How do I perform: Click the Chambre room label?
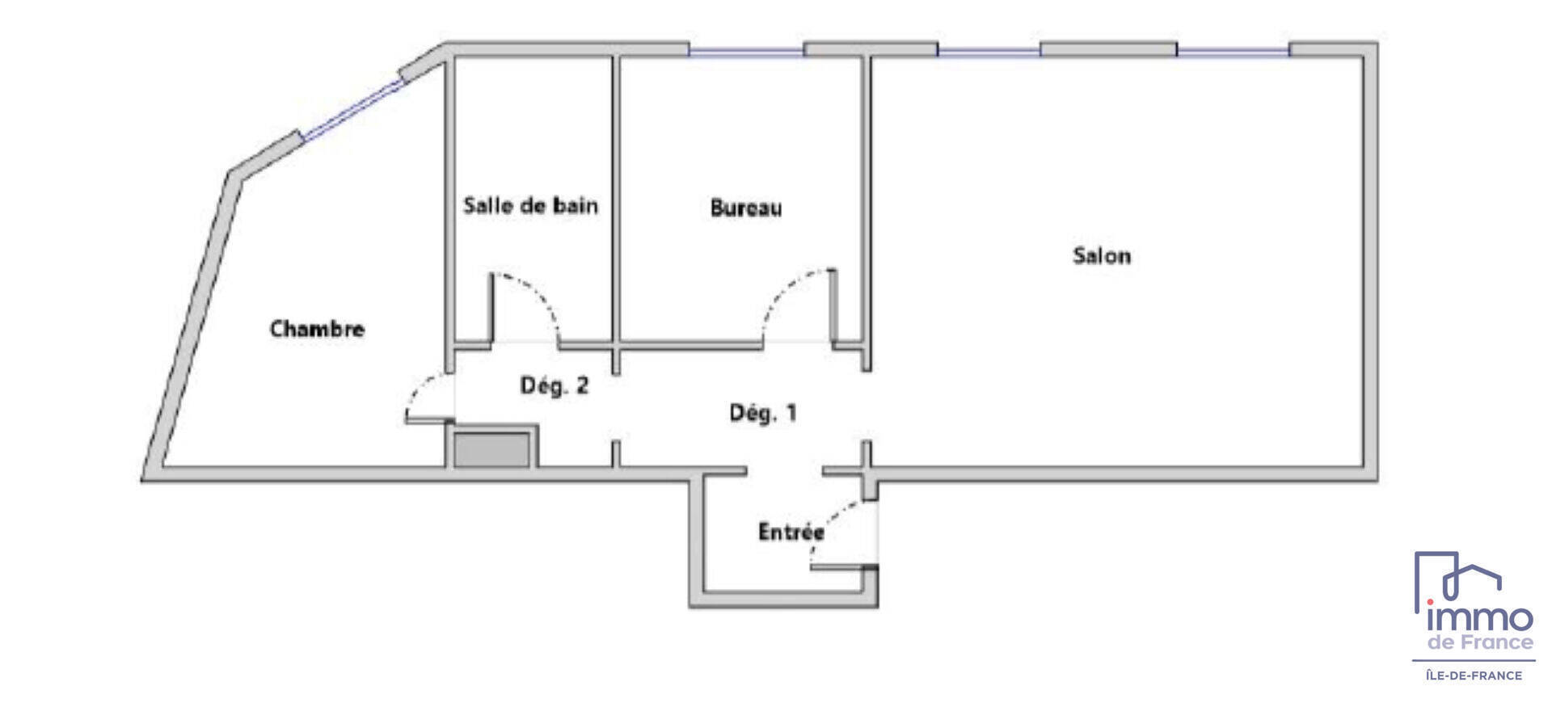tap(317, 329)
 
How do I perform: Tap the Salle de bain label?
tap(530, 205)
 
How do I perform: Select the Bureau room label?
tap(746, 208)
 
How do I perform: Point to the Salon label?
tap(1102, 255)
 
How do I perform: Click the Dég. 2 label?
tap(555, 385)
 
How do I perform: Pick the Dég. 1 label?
tap(763, 413)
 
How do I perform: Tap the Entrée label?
tap(791, 532)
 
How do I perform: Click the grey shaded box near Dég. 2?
tap(491, 450)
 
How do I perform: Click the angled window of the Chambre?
tap(352, 109)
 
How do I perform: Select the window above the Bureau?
tap(746, 52)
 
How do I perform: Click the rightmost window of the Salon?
tap(1233, 52)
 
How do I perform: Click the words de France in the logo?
tap(1480, 642)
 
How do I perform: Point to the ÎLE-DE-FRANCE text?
tap(1474, 676)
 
